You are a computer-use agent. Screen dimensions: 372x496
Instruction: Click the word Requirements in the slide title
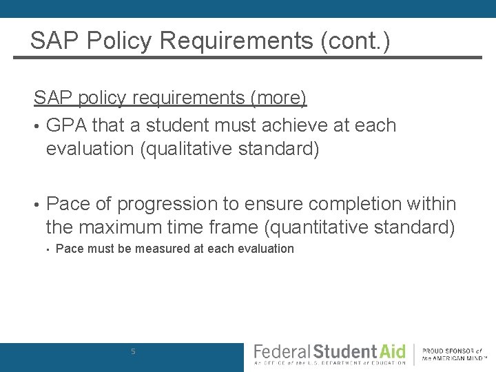point(235,41)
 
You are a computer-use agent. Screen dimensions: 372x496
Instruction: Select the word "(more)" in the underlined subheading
point(278,98)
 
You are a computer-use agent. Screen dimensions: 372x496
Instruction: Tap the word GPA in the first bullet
point(66,125)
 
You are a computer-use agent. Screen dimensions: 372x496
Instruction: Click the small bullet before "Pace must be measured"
point(48,249)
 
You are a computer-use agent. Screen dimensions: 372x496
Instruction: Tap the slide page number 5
point(134,352)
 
